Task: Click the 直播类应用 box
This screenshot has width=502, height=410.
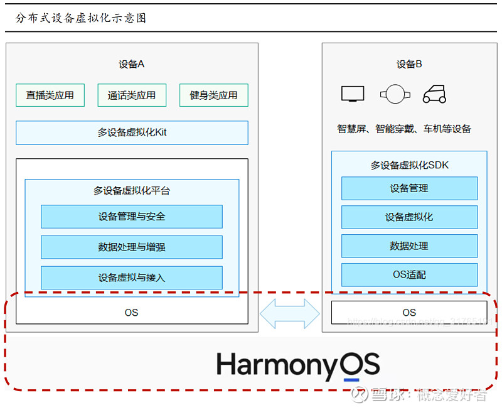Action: [x=50, y=95]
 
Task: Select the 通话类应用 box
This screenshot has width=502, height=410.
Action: [x=132, y=95]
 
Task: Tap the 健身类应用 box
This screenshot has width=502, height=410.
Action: [x=213, y=95]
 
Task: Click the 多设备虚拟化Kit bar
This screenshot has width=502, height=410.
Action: [x=132, y=132]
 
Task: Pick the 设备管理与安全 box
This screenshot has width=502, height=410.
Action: [x=132, y=217]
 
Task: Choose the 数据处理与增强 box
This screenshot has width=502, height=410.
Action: [x=132, y=247]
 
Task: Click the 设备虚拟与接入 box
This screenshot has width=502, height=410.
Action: [x=132, y=278]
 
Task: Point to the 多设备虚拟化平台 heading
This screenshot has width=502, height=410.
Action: [x=132, y=190]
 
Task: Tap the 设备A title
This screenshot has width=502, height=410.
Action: [x=132, y=64]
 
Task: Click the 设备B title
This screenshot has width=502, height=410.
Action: [x=409, y=64]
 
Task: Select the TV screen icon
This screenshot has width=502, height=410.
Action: [x=353, y=94]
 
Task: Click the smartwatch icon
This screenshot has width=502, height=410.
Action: [x=395, y=95]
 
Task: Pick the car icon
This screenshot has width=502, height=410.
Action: [x=434, y=94]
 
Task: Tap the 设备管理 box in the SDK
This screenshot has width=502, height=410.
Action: [x=409, y=188]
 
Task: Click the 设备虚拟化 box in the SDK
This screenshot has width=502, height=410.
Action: [x=409, y=217]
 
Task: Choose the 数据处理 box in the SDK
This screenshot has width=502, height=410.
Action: [x=409, y=246]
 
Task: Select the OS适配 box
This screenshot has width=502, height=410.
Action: [x=409, y=275]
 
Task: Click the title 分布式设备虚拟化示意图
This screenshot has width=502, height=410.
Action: [x=81, y=18]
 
